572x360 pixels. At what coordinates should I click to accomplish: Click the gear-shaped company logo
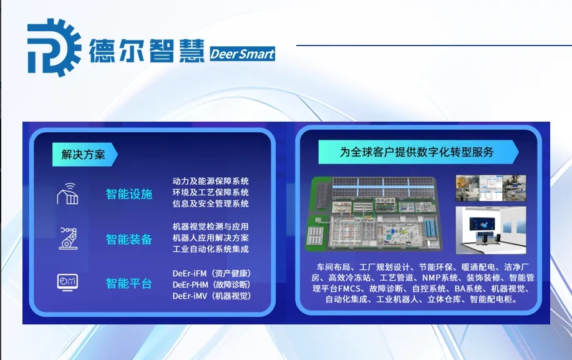54,47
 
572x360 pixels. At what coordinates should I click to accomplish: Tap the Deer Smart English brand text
242,54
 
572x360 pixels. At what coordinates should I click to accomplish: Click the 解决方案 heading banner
85,154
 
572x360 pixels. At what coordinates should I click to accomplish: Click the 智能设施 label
129,194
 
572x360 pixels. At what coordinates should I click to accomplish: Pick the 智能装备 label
129,239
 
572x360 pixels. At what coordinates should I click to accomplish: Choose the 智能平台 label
129,283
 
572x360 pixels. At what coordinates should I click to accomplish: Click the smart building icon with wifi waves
67,193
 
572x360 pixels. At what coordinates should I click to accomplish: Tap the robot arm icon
68,238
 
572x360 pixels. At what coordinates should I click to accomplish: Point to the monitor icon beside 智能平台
67,282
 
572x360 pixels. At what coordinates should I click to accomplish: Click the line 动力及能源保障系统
210,181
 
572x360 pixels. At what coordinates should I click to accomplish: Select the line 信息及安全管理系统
210,203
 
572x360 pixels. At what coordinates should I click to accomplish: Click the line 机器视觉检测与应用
210,226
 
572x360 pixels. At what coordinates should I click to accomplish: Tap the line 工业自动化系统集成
210,249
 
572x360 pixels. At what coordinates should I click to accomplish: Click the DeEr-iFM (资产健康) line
212,273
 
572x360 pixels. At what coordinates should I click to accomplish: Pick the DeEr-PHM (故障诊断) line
212,285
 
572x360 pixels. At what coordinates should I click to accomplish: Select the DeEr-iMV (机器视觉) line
212,296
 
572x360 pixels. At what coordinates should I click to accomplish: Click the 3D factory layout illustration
373,214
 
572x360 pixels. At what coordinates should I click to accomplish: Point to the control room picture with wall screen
491,230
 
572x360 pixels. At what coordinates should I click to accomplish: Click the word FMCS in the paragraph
349,288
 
